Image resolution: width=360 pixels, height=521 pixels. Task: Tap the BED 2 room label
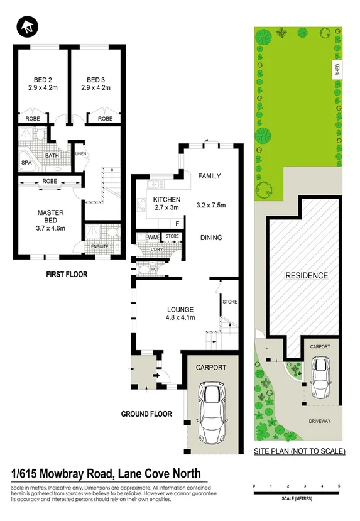(x=42, y=80)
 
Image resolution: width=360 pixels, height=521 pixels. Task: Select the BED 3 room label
(x=95, y=80)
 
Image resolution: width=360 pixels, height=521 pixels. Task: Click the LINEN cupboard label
(x=80, y=154)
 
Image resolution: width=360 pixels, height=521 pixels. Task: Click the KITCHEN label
(x=166, y=199)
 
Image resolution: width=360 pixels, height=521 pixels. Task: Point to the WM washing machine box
(x=153, y=237)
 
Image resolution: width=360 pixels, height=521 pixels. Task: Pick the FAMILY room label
(x=209, y=176)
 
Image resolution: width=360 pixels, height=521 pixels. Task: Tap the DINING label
(x=211, y=238)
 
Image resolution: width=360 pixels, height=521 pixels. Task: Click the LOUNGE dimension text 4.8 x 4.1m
(x=180, y=318)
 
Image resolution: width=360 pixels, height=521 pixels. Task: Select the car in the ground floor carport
(x=211, y=412)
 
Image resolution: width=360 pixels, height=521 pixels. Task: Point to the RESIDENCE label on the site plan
(x=307, y=275)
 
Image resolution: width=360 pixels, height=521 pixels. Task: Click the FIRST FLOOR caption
(x=66, y=274)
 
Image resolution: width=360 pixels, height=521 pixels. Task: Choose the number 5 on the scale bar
(x=339, y=486)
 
